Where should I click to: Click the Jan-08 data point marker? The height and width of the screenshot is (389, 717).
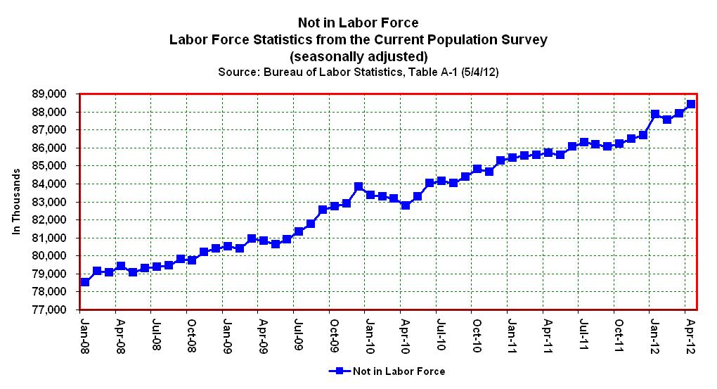point(85,281)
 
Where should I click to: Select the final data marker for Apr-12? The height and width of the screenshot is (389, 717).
point(691,104)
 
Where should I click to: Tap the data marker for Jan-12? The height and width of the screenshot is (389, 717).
point(655,114)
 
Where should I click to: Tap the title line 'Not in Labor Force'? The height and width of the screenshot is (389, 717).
point(358,23)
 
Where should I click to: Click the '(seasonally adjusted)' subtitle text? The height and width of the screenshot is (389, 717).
point(358,56)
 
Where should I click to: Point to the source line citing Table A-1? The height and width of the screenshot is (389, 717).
point(358,72)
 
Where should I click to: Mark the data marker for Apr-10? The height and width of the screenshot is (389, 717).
point(406,205)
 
